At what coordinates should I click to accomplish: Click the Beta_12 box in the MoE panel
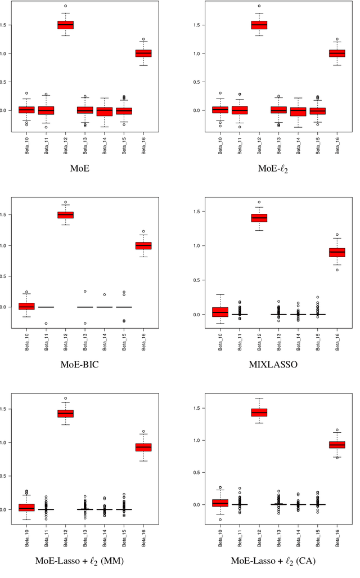click(66, 25)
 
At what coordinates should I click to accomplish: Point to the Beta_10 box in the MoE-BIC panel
click(26, 306)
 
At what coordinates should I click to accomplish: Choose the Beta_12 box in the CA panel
click(259, 413)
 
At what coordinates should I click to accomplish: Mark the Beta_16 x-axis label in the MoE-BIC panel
click(143, 337)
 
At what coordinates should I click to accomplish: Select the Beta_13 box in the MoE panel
click(85, 110)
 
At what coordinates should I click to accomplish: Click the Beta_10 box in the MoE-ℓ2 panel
click(220, 110)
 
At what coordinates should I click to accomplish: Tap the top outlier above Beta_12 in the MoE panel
click(66, 6)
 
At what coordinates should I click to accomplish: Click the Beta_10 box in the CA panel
click(220, 503)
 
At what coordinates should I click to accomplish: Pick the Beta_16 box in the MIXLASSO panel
click(336, 252)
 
